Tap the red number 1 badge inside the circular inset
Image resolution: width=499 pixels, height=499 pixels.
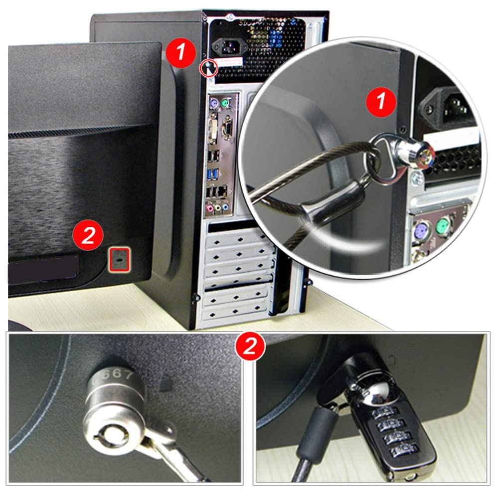coord(381,102)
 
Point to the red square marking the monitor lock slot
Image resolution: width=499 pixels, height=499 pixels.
coord(120,259)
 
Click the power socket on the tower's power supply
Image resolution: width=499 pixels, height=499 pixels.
coord(227,48)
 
